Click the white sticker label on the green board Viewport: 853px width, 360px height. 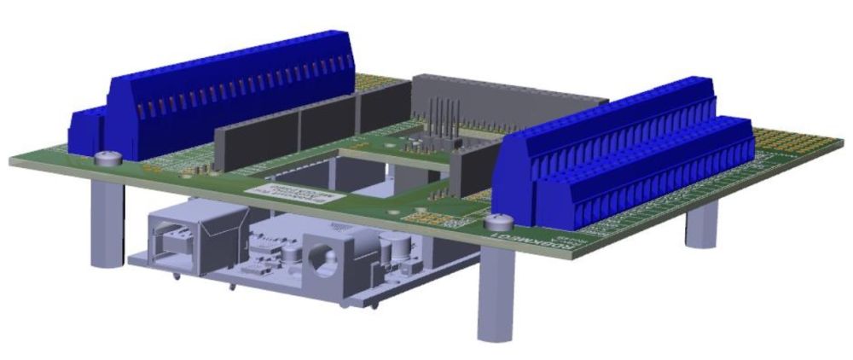(290, 189)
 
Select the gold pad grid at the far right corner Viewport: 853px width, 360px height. (798, 141)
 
